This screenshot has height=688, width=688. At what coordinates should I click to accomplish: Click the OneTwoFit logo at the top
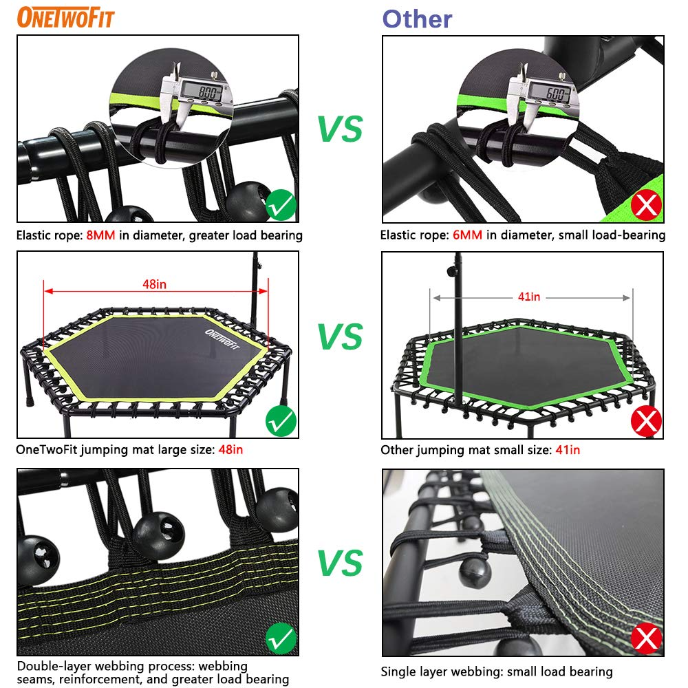66,17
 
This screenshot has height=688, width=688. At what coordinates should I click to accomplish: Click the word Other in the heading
418,19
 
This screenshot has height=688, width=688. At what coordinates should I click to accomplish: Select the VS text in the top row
340,129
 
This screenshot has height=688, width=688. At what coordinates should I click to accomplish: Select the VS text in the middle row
340,336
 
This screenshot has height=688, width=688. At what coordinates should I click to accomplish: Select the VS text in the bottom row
340,563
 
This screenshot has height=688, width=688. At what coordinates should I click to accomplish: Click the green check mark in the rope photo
281,204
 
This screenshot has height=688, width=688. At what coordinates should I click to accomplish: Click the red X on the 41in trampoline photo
646,420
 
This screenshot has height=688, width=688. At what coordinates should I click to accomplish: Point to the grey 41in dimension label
530,297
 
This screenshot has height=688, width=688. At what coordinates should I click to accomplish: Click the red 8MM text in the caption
101,236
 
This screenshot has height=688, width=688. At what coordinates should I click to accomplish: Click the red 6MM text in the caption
467,235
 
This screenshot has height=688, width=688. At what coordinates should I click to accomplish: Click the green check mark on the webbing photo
281,639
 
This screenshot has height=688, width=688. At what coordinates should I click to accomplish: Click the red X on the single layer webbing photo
646,638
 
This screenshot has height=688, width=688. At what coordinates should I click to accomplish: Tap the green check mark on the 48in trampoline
281,419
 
